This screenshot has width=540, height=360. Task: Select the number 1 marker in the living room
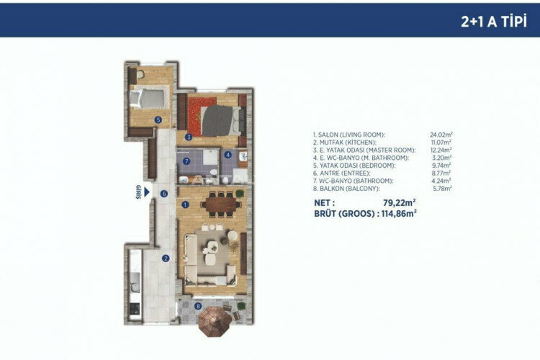pos(185,204)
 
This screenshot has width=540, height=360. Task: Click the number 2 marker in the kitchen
pos(165,258)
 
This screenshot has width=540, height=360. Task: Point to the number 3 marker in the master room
pos(187,136)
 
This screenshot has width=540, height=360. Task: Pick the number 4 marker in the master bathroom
pos(229,155)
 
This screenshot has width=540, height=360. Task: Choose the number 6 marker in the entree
pos(164,193)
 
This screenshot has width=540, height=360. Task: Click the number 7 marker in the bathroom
pos(186,161)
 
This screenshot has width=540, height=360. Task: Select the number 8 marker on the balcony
pos(198,306)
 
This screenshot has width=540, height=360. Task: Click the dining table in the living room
pos(220,204)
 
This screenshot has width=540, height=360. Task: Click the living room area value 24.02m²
pos(441,135)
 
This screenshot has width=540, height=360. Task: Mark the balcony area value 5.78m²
pos(441,188)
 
